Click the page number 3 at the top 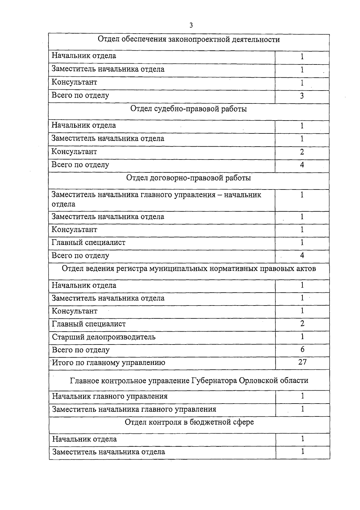tap(191, 25)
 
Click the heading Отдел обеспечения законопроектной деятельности tap(189, 40)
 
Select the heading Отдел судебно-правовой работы tap(189, 109)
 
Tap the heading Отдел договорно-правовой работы tap(189, 178)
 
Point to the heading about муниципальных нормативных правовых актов tap(189, 268)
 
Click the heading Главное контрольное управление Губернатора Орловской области tap(189, 380)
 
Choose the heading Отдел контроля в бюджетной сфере tap(189, 422)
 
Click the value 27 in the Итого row tap(302, 362)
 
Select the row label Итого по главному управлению tap(109, 363)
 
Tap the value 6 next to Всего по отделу tap(302, 349)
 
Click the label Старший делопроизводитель tap(104, 337)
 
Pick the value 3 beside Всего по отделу tap(302, 96)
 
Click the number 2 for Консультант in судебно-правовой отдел tap(302, 152)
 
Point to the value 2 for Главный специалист tap(302, 324)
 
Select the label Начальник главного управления tap(110, 396)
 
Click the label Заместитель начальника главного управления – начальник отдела tap(156, 199)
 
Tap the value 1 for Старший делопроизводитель tap(302, 336)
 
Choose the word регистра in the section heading tap(132, 268)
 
